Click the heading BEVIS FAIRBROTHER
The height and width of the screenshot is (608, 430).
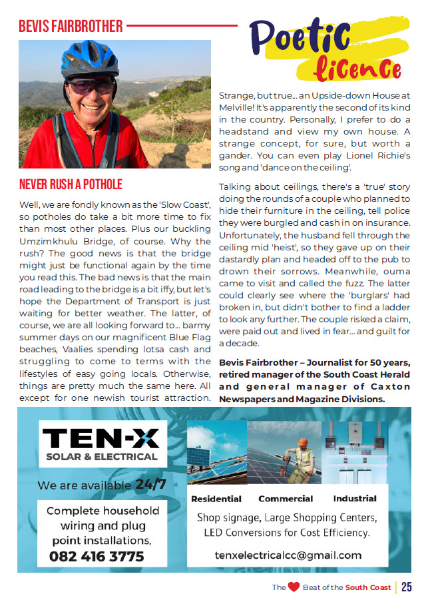pyautogui.click(x=71, y=26)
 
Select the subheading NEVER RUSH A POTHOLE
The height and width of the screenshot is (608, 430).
pyautogui.click(x=71, y=184)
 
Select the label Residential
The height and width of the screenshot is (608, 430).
pyautogui.click(x=216, y=499)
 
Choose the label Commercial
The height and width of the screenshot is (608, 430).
pyautogui.click(x=286, y=499)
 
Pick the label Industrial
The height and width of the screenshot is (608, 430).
pyautogui.click(x=355, y=498)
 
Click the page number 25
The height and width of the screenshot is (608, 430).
pyautogui.click(x=406, y=587)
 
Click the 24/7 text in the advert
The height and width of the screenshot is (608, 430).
pyautogui.click(x=150, y=484)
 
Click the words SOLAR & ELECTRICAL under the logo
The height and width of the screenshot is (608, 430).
pyautogui.click(x=101, y=457)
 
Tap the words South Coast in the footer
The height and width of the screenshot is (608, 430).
pyautogui.click(x=367, y=587)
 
